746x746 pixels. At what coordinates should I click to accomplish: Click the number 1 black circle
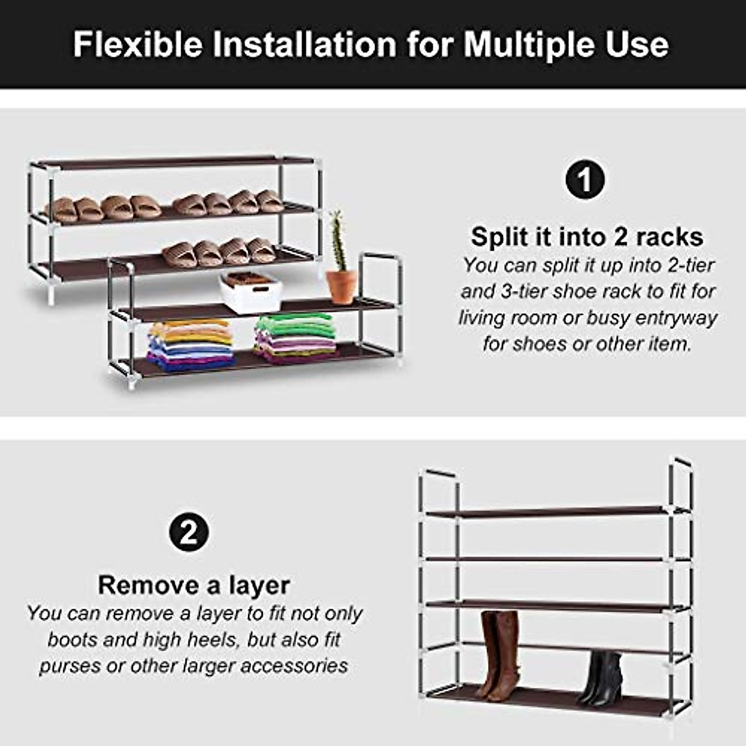[585, 180]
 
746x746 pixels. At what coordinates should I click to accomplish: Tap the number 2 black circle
[188, 532]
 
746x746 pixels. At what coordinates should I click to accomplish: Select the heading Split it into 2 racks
[586, 237]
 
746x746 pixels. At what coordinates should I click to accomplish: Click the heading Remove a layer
[193, 585]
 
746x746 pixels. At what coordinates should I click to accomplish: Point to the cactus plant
[337, 240]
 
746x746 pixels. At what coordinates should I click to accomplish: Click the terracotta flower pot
[341, 286]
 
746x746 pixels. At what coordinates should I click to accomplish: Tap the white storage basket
[251, 292]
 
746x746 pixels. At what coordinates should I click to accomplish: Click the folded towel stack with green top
[296, 338]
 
